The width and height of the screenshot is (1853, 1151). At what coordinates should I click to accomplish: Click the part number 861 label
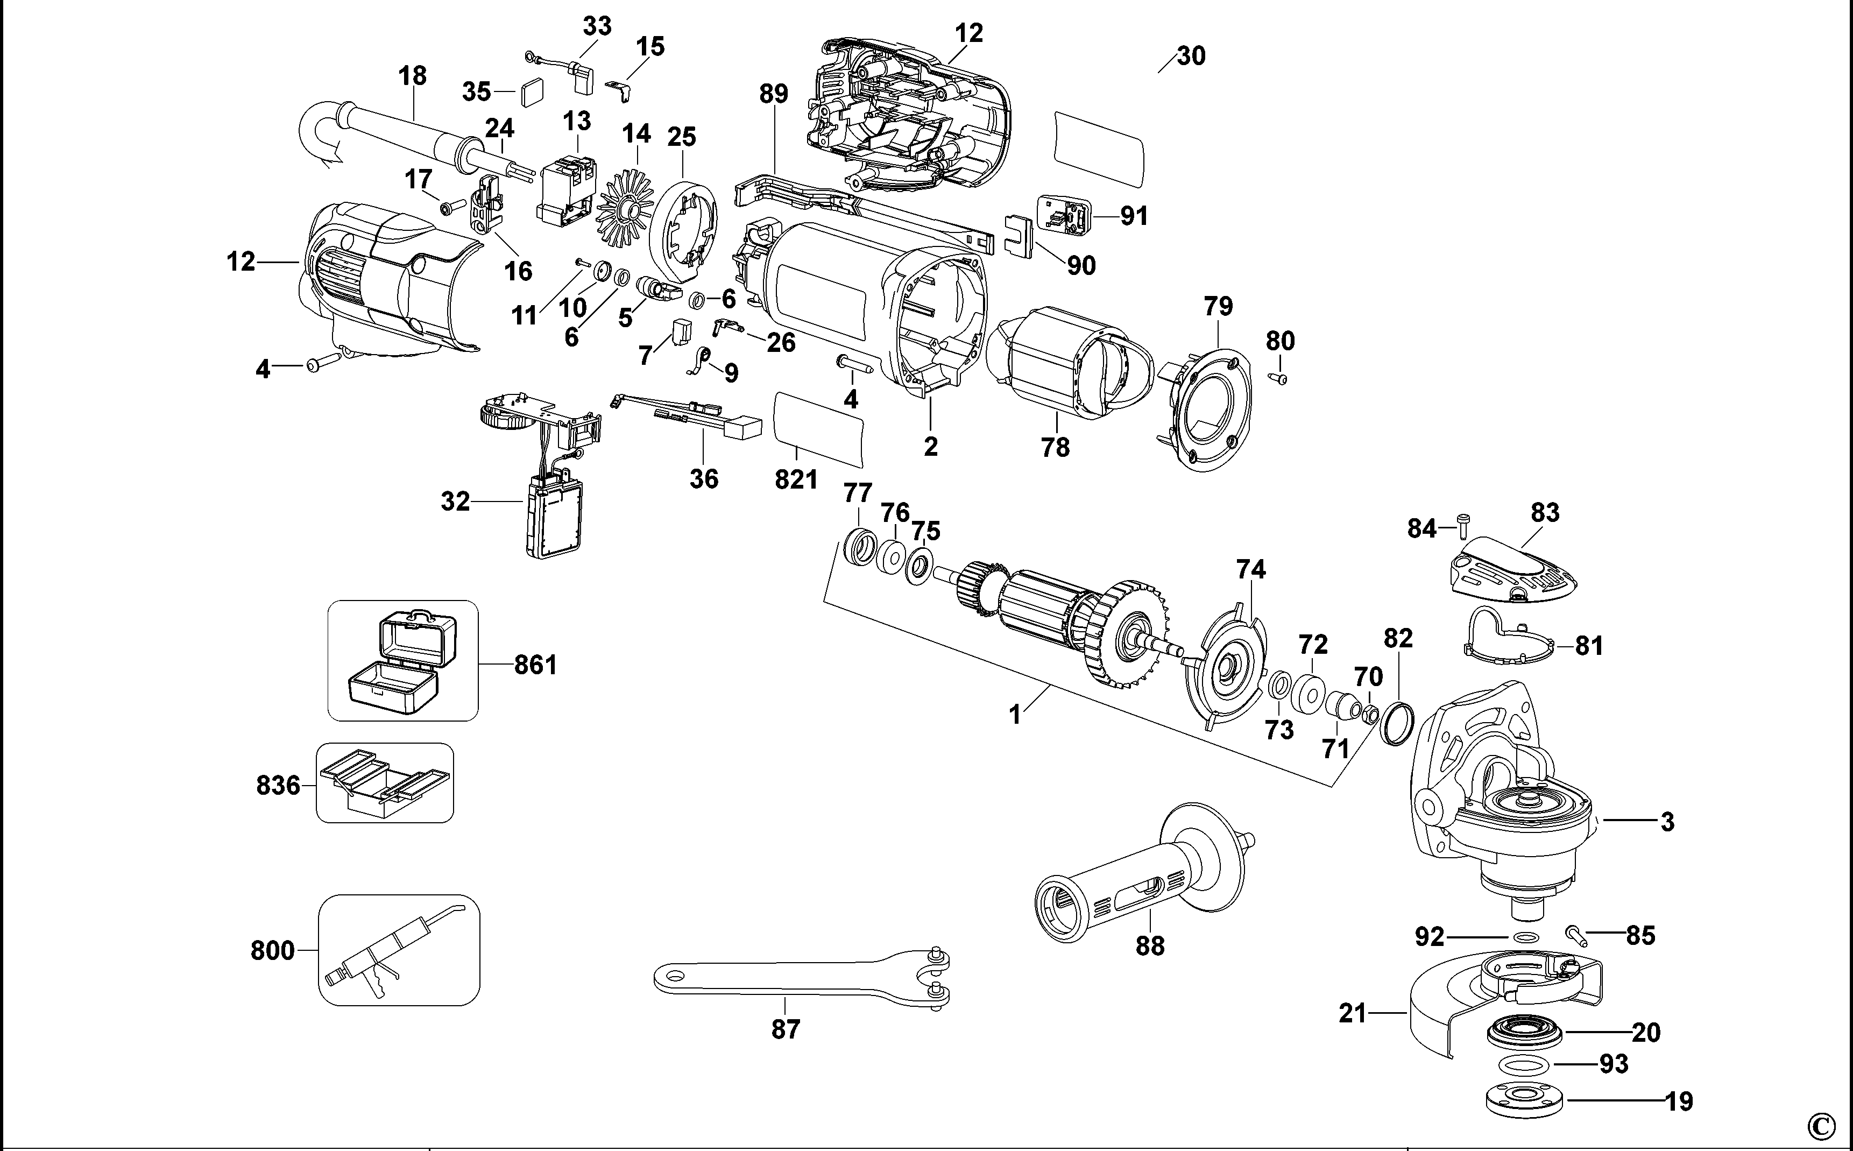(x=536, y=665)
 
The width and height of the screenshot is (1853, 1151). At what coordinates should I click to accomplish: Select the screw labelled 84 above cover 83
(x=1462, y=525)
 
